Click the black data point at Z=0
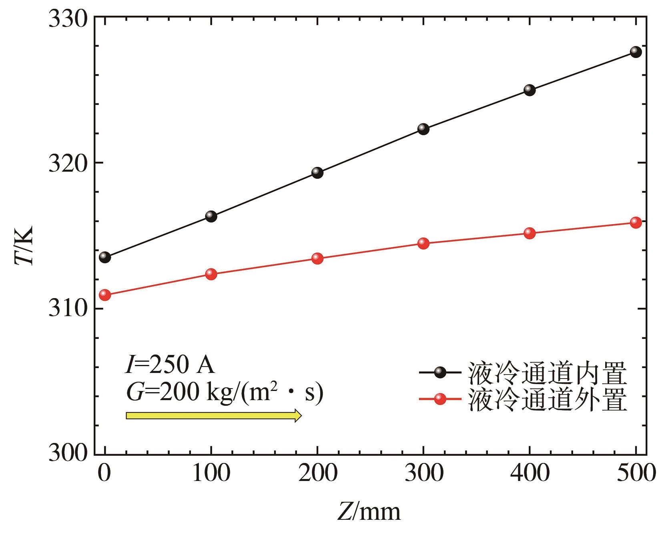(105, 257)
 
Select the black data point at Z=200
(317, 173)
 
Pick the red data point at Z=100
(211, 274)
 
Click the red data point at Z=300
(423, 243)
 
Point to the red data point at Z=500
(636, 222)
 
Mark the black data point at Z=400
(530, 90)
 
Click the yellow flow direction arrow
(213, 415)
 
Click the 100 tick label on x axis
(211, 473)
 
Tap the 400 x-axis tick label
(530, 473)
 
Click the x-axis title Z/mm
(369, 512)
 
